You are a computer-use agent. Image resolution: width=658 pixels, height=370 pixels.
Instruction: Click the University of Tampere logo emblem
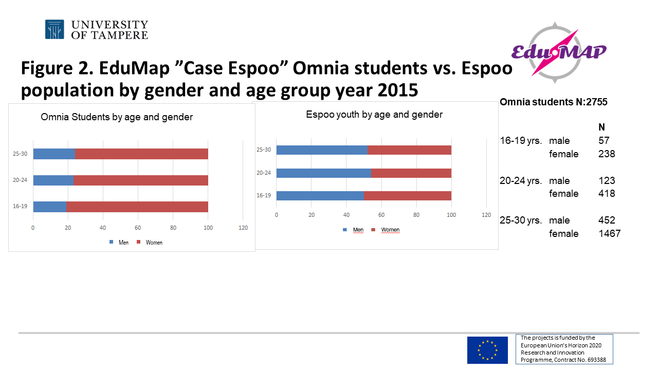[54, 29]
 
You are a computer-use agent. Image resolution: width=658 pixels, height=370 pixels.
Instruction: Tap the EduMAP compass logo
[559, 52]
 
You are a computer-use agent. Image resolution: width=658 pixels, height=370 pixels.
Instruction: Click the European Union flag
[487, 350]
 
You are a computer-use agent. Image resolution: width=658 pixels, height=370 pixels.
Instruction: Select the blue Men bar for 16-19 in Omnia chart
[50, 206]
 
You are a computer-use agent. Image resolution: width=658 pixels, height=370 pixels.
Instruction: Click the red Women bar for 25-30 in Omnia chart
[141, 154]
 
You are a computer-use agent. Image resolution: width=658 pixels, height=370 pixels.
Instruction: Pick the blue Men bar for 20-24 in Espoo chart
[323, 173]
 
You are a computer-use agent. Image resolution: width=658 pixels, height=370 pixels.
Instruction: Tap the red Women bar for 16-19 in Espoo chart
[407, 195]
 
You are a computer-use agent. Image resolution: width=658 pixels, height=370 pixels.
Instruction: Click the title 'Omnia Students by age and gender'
[117, 117]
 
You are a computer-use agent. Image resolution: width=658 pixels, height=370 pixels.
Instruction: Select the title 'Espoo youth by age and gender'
[374, 115]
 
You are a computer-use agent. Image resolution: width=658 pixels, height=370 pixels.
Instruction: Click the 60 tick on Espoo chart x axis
[381, 215]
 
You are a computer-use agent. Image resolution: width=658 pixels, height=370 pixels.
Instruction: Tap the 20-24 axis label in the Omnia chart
[21, 180]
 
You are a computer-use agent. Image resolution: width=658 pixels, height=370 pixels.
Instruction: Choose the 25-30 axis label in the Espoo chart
[264, 150]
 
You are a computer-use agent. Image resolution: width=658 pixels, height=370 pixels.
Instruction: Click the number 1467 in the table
[609, 234]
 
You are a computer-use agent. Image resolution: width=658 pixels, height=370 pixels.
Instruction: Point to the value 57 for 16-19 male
[604, 141]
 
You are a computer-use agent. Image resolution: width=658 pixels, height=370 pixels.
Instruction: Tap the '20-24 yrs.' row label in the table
[521, 181]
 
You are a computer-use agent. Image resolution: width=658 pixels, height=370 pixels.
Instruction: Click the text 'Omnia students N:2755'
[553, 102]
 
